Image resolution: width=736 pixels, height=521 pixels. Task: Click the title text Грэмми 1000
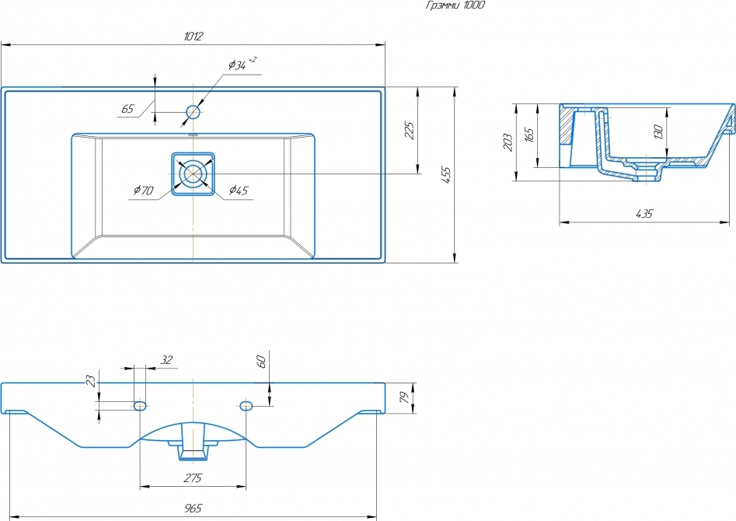[x=456, y=5]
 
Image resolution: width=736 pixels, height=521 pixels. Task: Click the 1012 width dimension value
[x=193, y=37]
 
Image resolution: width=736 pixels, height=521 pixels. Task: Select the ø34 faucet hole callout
[x=241, y=65]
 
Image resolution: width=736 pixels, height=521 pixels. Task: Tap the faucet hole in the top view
[x=193, y=112]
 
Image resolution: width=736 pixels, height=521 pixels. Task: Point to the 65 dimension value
[x=127, y=109]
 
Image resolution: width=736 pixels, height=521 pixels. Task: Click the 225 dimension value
[x=410, y=130]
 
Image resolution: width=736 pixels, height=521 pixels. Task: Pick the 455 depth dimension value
[x=446, y=175]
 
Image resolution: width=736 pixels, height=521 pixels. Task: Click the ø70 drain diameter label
[x=143, y=190]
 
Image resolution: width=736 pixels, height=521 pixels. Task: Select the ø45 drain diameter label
[x=239, y=190]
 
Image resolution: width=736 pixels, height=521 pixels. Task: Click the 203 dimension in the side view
[x=508, y=142]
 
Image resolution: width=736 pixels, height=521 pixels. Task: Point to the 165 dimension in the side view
[x=529, y=135]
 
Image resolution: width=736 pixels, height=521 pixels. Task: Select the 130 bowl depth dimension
[x=658, y=132]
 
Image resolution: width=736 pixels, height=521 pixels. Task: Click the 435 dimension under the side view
[x=644, y=214]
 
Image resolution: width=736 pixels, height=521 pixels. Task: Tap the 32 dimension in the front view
[x=166, y=359]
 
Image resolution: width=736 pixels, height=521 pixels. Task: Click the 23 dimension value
[x=91, y=381]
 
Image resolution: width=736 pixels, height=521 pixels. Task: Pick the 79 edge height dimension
[x=403, y=398]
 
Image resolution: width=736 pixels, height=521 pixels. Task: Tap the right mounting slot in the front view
[x=246, y=406]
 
